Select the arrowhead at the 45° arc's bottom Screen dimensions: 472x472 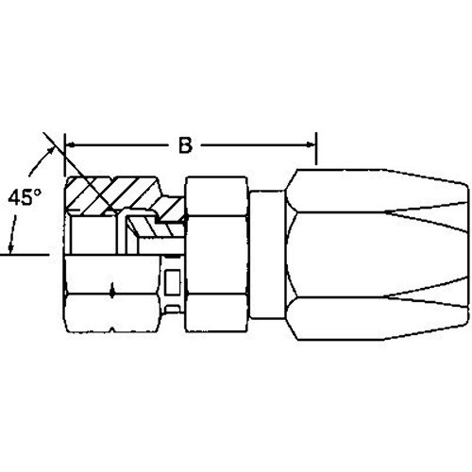point(12,247)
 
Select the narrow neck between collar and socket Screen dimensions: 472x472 point(265,255)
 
